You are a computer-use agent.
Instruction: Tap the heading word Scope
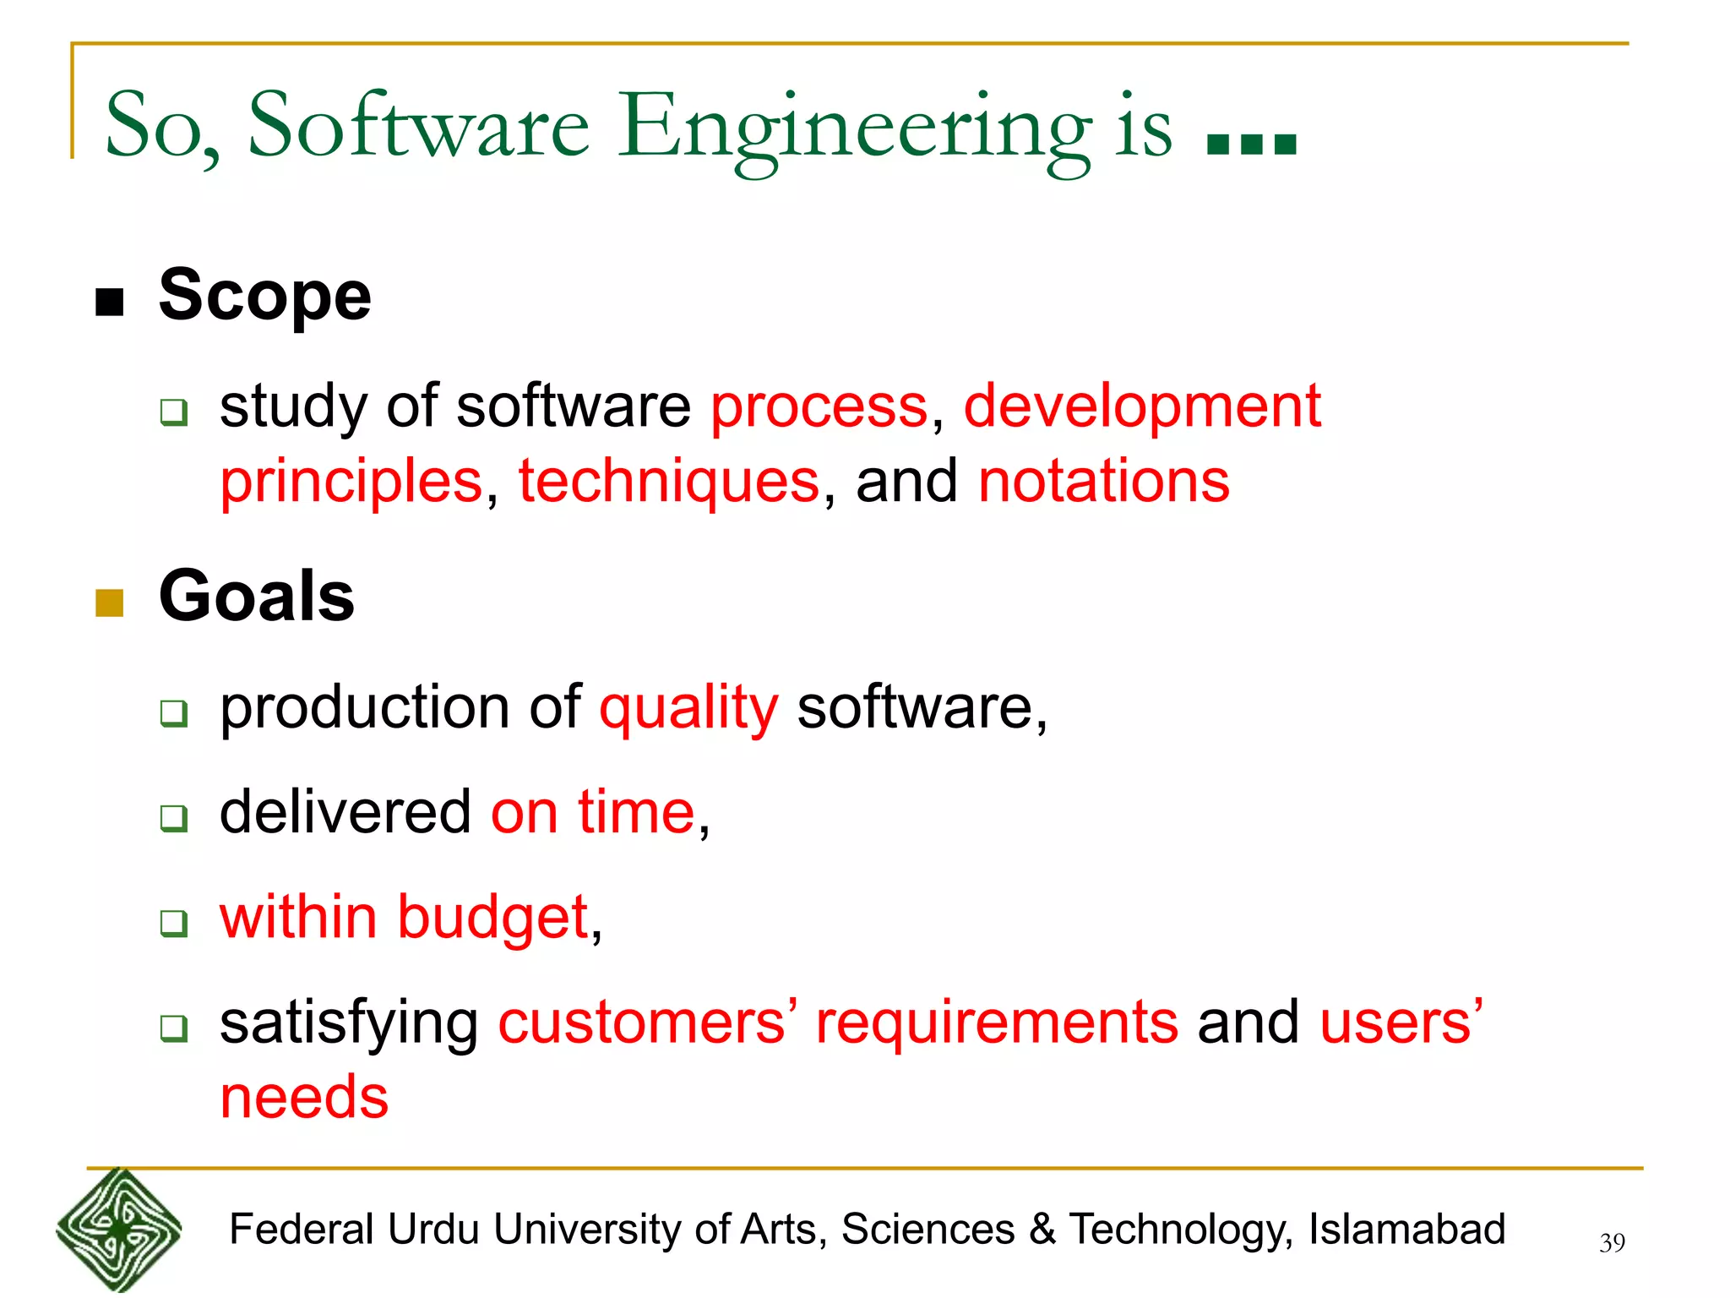264,296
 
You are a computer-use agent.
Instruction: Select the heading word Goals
256,597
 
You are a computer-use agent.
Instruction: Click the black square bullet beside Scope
110,302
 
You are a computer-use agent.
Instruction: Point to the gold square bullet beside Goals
110,603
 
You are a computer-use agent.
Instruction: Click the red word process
819,407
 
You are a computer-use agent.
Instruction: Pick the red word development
1141,406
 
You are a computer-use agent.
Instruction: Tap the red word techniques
668,482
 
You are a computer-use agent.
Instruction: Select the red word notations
1103,482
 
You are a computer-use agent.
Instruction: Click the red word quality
688,708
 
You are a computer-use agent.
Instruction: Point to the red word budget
492,918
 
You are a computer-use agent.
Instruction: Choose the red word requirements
996,1023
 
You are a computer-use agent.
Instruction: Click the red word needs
304,1099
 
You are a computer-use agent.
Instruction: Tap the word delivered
345,813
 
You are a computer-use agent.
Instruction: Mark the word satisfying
349,1023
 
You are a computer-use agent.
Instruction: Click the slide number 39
1612,1243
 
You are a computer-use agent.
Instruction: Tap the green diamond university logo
119,1230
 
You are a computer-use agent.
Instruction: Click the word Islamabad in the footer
1406,1230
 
